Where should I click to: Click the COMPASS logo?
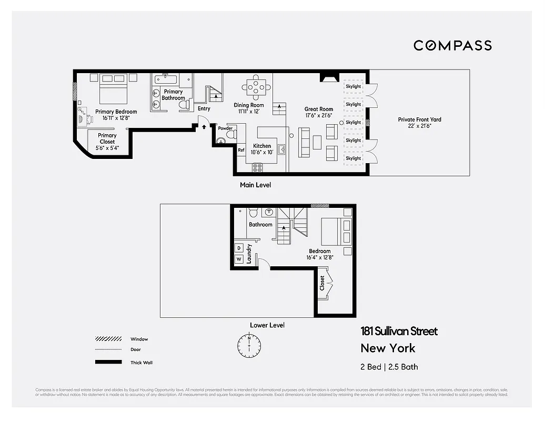pos(452,45)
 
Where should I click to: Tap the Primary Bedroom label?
pos(116,112)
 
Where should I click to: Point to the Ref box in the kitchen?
pos(241,150)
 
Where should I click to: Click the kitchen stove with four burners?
pos(257,168)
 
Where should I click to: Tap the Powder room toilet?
pos(229,135)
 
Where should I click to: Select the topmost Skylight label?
pos(354,86)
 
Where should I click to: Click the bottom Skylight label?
pos(354,158)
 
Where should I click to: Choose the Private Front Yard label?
pos(419,119)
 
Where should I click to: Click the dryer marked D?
pos(239,247)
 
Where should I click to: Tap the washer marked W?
pos(239,259)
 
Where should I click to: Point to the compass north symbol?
pos(249,345)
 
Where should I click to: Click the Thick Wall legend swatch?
pos(108,362)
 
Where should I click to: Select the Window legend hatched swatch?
pos(108,339)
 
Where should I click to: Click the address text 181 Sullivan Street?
pos(399,331)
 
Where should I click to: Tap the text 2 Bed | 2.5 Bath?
pos(389,367)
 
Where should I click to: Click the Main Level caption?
pos(255,185)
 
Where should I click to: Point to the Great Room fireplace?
pos(327,79)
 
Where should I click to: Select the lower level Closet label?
pos(322,284)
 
